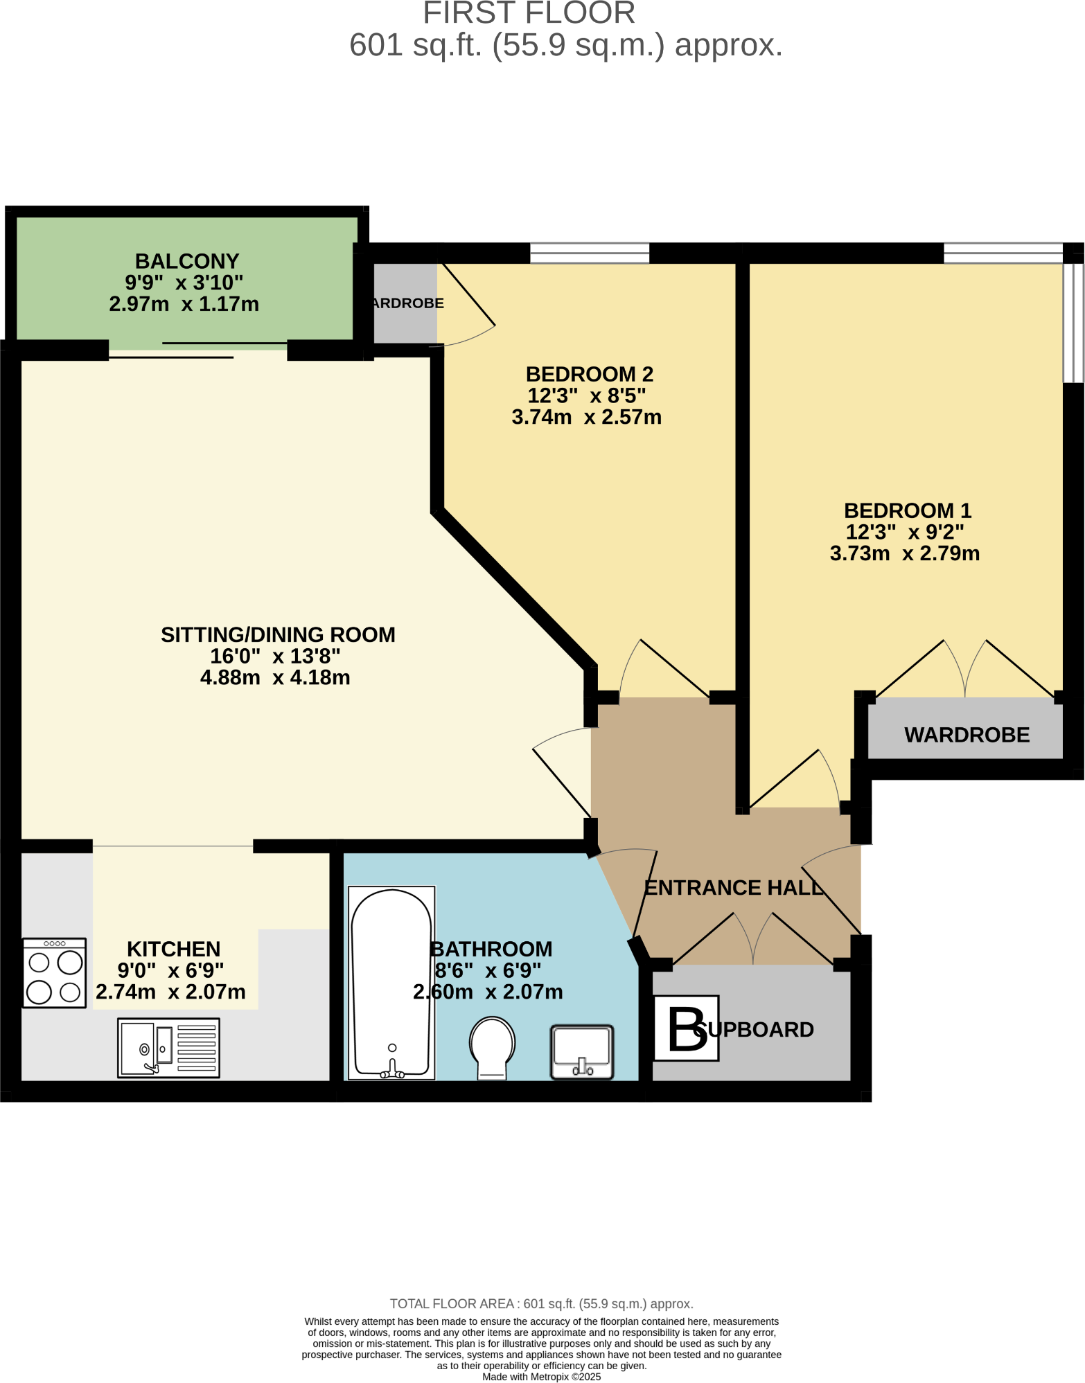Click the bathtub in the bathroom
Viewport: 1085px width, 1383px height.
pos(391,983)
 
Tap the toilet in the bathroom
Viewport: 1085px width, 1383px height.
pos(492,1046)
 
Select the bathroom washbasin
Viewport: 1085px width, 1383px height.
pos(582,1051)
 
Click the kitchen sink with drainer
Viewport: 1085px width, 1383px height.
pos(168,1047)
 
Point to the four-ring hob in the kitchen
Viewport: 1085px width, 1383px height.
pos(55,973)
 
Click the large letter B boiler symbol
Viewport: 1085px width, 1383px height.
pos(686,1028)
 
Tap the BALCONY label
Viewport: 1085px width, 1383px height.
pos(187,261)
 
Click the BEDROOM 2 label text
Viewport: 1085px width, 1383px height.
pos(589,374)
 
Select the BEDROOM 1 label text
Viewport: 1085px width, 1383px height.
pos(907,510)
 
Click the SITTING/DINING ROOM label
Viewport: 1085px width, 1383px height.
pos(278,634)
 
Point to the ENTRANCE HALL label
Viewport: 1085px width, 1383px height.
pos(734,887)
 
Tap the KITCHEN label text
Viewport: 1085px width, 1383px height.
pos(173,949)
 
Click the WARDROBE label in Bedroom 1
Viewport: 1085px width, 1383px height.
pos(967,735)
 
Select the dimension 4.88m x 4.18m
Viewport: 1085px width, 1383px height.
pos(275,677)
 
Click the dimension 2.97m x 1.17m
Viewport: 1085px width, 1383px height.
pos(184,304)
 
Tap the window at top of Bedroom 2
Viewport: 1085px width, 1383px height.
pos(590,253)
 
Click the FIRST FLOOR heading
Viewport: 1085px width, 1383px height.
pos(529,13)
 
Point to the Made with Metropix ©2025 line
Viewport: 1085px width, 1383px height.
pos(541,1377)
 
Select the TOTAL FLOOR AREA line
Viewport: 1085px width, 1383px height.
pos(541,1304)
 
